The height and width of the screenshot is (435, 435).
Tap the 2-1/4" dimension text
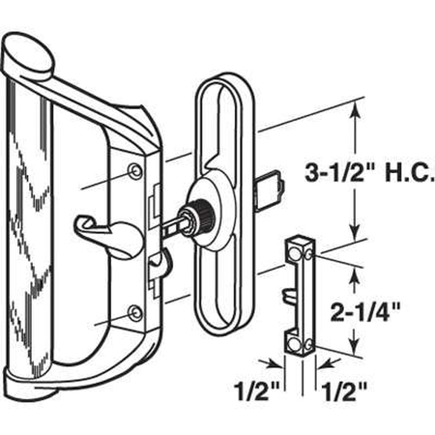pos(365,312)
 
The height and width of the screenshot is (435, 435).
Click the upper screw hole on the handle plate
pos(135,170)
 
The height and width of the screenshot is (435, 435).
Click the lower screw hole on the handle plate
pos(135,313)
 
